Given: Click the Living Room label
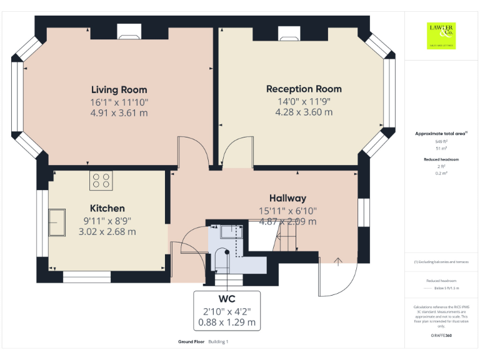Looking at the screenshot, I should [x=119, y=89].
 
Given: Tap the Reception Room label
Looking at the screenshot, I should [x=304, y=89].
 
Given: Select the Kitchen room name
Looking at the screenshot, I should [x=107, y=208].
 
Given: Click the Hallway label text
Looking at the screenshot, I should [x=287, y=197].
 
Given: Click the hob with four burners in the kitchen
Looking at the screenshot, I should [x=102, y=181].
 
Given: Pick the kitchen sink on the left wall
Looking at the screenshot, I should [x=57, y=223].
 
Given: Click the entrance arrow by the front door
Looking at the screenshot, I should [x=338, y=262].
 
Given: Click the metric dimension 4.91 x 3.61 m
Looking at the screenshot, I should [x=119, y=113].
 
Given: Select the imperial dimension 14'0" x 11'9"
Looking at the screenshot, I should [x=304, y=101].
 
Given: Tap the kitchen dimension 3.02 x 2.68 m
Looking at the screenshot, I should [x=107, y=232].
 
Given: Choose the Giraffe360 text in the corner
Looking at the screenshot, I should [x=441, y=336].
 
